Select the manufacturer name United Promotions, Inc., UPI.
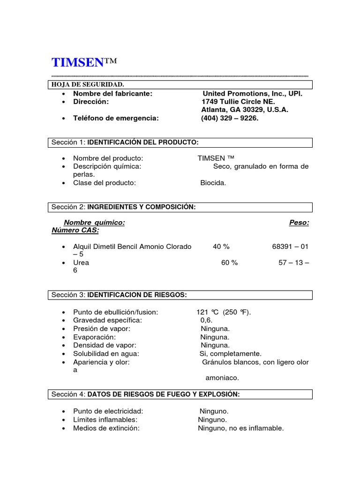(252, 94)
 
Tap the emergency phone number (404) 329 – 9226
(230, 118)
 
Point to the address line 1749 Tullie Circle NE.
(238, 102)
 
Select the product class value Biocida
(213, 183)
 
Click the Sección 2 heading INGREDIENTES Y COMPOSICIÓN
(142, 207)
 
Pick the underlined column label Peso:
(299, 223)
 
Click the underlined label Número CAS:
(75, 231)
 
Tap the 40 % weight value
(221, 247)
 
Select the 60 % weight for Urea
(230, 262)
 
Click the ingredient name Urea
(81, 262)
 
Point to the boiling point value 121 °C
(209, 312)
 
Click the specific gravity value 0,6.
(206, 320)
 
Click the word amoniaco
(222, 378)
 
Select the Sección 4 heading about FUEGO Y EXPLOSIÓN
(163, 395)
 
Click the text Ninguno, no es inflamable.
(241, 428)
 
